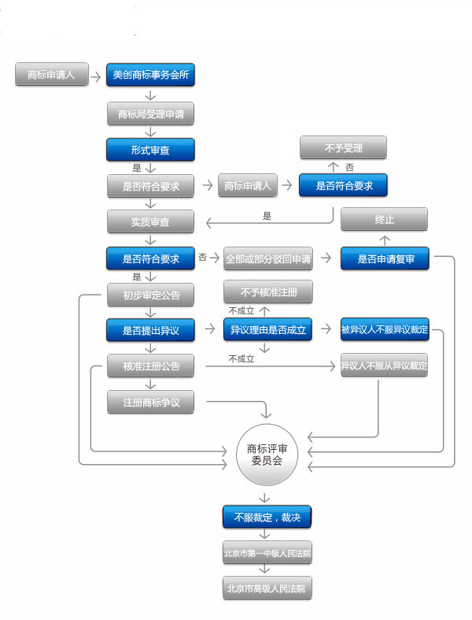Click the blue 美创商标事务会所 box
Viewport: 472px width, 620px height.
point(149,76)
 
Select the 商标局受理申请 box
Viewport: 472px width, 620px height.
point(149,113)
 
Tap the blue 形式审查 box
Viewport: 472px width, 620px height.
point(149,150)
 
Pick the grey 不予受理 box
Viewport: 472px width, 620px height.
point(343,147)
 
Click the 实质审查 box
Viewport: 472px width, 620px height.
point(149,222)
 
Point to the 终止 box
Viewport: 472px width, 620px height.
point(384,220)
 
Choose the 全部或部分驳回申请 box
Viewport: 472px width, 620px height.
point(267,258)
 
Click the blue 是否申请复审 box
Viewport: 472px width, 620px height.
point(385,258)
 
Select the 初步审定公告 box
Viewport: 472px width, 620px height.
point(150,295)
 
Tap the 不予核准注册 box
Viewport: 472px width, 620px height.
point(267,291)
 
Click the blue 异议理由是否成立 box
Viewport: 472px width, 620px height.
point(267,330)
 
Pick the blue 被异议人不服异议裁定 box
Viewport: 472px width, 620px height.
point(384,330)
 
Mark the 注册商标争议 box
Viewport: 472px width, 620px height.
point(150,402)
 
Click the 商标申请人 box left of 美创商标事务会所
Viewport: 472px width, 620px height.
point(50,76)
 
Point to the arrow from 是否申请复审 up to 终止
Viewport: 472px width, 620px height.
point(384,239)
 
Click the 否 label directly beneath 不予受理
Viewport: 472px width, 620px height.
point(349,167)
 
